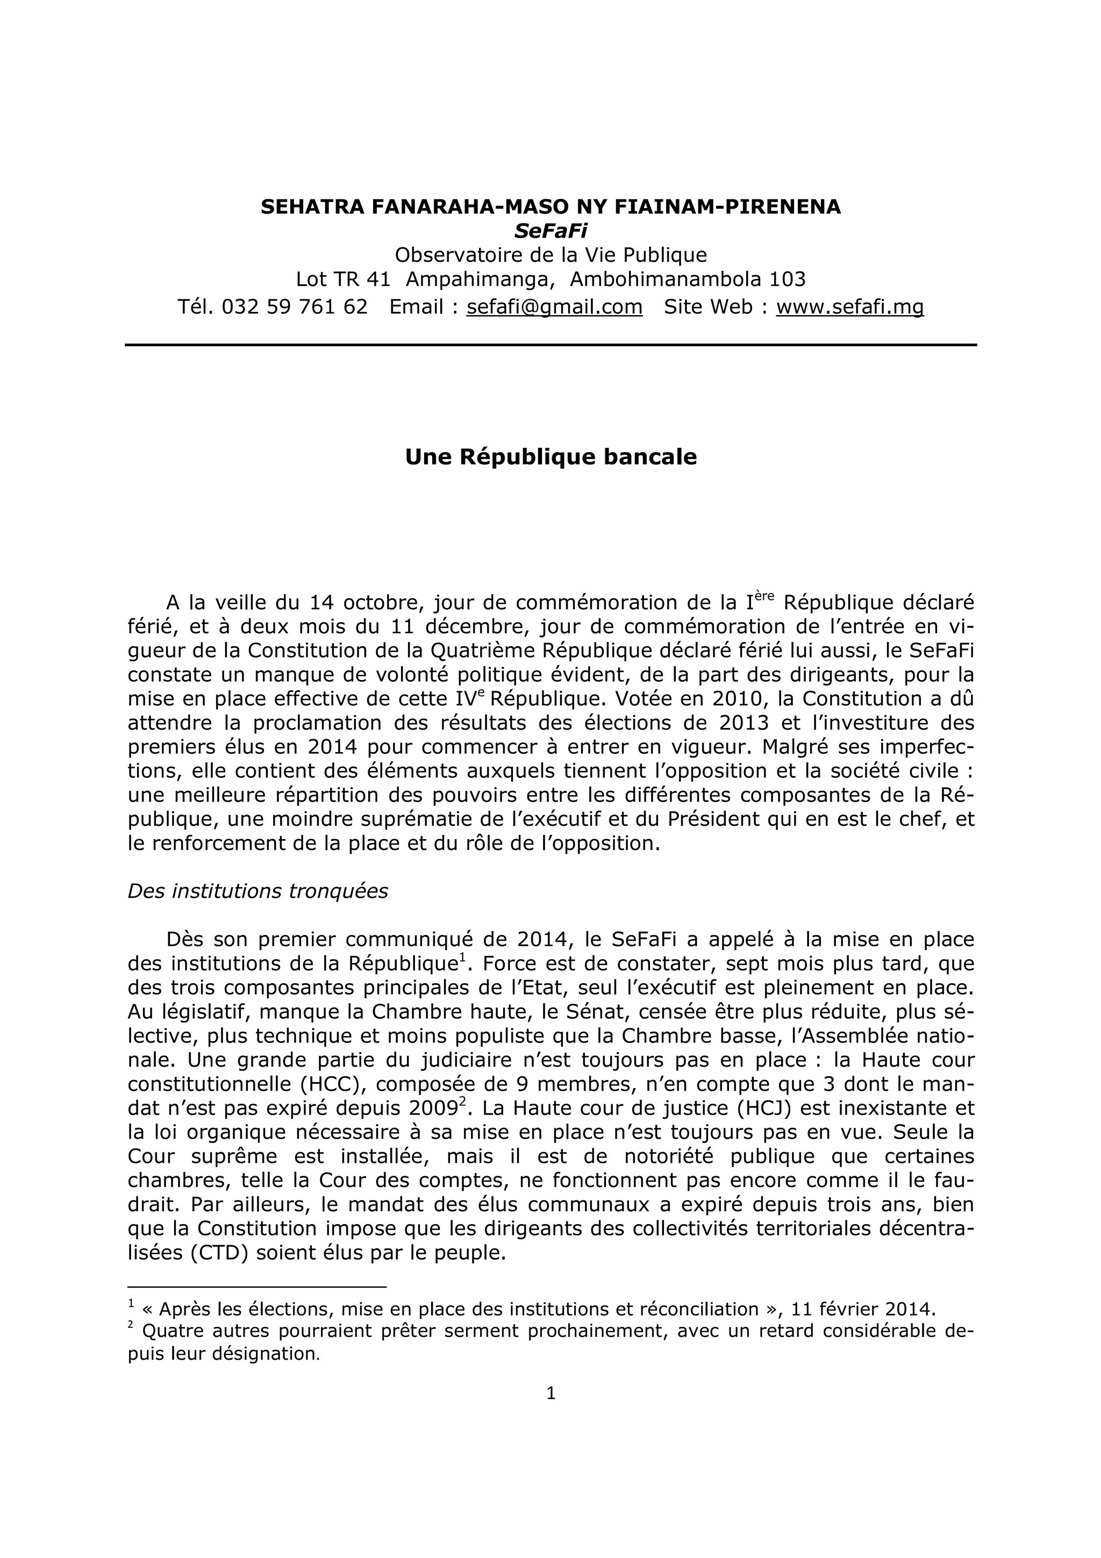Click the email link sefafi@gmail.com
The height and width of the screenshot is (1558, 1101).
[x=554, y=308]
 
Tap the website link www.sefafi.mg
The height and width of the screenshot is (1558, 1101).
[x=849, y=308]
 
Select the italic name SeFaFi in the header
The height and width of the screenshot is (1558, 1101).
[x=550, y=231]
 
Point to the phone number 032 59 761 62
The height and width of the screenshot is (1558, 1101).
[x=295, y=308]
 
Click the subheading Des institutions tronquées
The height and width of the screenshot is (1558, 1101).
[x=258, y=891]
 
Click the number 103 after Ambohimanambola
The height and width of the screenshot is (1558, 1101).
[x=787, y=279]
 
